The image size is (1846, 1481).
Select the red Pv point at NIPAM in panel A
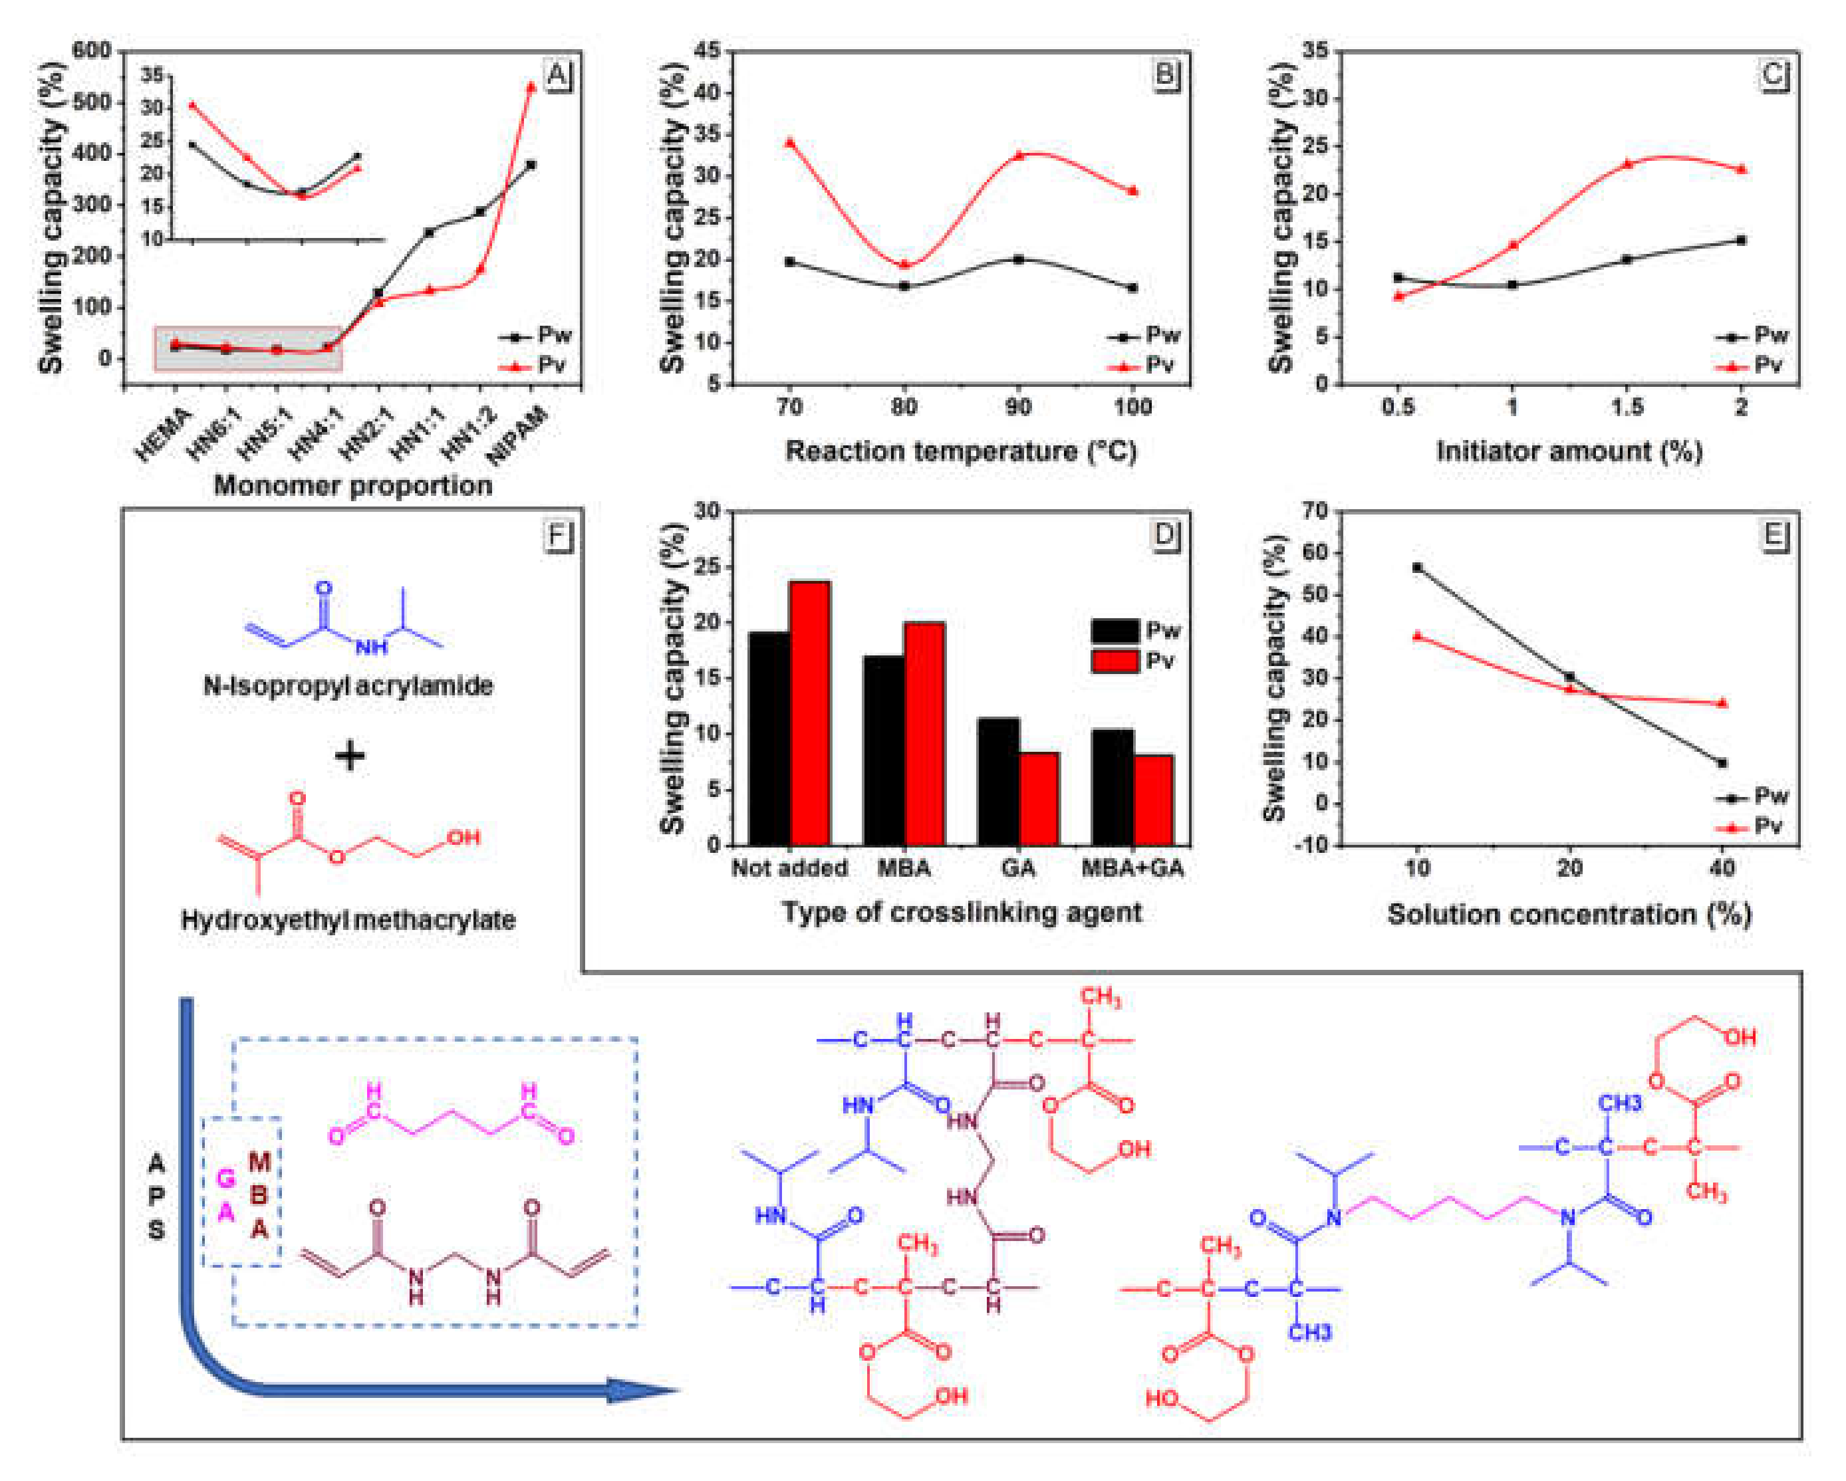(x=531, y=86)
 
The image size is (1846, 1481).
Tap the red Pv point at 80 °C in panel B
(x=904, y=265)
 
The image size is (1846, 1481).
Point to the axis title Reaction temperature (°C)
(x=961, y=451)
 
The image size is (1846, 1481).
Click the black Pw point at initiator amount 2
(x=1741, y=241)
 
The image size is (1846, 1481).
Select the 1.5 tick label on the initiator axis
(x=1627, y=407)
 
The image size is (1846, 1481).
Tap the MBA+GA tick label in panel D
(x=1132, y=868)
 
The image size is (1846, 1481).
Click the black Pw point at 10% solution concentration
(x=1417, y=568)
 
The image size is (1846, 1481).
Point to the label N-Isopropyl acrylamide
(x=348, y=686)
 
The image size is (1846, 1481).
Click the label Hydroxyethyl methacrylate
(x=348, y=920)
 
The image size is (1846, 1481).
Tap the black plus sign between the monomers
(x=349, y=756)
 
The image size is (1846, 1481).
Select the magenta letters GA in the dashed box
(x=226, y=1195)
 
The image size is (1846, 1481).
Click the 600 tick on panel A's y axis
(x=92, y=51)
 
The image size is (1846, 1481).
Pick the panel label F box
(x=557, y=536)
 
